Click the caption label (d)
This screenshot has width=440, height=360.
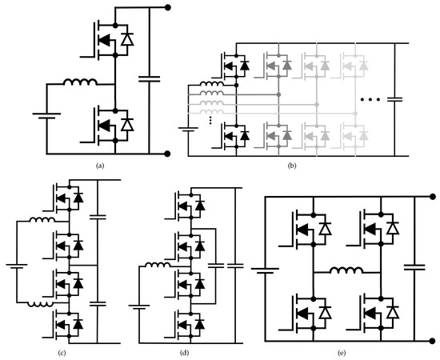186,353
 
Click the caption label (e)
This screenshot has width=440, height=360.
347,353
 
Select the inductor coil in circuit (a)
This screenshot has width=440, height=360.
81,82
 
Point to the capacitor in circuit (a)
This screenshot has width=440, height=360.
148,78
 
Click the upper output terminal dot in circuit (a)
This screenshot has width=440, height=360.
167,7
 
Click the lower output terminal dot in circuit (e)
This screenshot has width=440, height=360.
433,342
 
